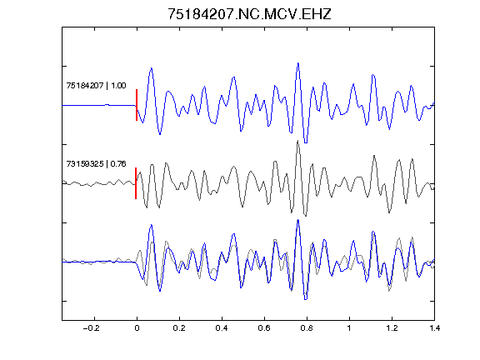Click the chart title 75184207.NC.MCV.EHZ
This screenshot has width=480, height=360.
[249, 14]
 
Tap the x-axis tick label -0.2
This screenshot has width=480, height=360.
[92, 328]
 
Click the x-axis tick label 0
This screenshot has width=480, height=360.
[137, 328]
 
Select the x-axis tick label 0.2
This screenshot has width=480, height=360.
[179, 328]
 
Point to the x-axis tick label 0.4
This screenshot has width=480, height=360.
[222, 328]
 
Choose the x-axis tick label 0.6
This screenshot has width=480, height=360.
[264, 328]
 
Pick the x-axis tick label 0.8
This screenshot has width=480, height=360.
[307, 328]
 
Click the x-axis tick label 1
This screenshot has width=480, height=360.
[349, 328]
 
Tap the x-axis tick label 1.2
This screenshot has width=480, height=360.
[392, 328]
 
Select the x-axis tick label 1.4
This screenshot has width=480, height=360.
[434, 328]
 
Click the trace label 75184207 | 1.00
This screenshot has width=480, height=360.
[96, 85]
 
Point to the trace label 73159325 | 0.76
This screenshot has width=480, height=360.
[96, 164]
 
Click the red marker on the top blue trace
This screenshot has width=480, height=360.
[137, 105]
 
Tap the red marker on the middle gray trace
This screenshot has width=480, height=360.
[136, 183]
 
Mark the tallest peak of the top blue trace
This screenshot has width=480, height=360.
[297, 63]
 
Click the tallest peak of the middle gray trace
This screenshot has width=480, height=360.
[297, 141]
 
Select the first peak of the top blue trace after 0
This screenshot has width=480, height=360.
[151, 68]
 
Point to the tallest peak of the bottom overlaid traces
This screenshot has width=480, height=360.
[297, 220]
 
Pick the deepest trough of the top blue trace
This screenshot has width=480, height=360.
[306, 142]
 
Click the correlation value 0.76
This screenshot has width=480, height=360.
[118, 164]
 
